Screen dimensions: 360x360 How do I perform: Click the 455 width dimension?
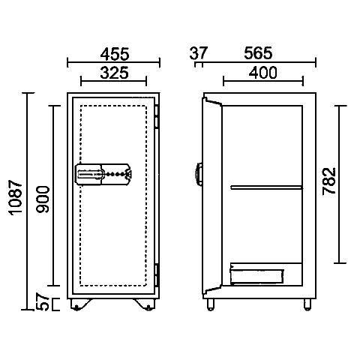coord(115,54)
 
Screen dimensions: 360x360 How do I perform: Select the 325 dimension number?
coord(115,73)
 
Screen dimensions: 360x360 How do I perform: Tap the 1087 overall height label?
coord(16,197)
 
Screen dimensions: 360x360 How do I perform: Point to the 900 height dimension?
coord(43,199)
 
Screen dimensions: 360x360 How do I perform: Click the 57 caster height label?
coord(43,302)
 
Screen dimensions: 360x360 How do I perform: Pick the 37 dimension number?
coord(199,53)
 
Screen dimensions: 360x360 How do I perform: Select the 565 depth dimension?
coord(258,53)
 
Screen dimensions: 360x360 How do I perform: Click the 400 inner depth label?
coord(263,73)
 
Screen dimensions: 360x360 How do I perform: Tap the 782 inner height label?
coord(328,181)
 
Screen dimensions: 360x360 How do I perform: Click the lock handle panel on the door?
coord(103,174)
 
